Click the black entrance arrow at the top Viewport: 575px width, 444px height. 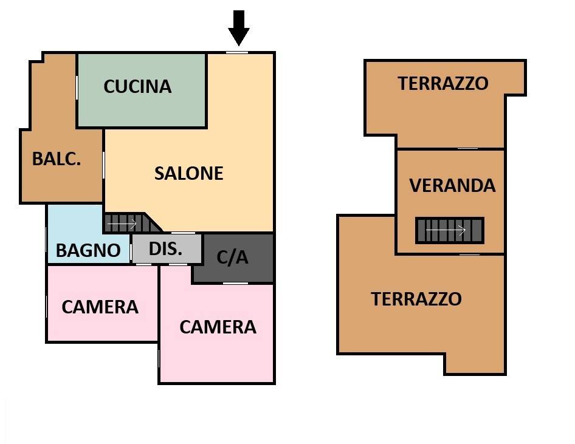click(x=239, y=27)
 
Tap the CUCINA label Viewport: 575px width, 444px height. click(x=137, y=86)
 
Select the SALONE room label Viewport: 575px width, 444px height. click(x=188, y=173)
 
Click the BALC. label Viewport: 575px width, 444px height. click(x=57, y=159)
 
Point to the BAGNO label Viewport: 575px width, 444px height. click(x=88, y=250)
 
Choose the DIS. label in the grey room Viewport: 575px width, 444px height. click(x=165, y=248)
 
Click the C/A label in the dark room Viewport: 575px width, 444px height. click(x=233, y=258)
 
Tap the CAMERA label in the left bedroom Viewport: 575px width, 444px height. click(x=100, y=307)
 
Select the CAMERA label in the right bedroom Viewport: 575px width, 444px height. click(x=218, y=327)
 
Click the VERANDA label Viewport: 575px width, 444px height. click(x=452, y=185)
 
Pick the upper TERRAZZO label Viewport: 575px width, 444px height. click(x=442, y=83)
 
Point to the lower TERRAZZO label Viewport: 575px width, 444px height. click(x=416, y=299)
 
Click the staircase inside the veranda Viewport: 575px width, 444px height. click(x=450, y=231)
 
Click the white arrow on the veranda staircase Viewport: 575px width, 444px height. click(x=445, y=231)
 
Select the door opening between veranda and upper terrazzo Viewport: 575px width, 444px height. click(x=467, y=148)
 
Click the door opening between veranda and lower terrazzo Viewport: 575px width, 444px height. click(x=469, y=254)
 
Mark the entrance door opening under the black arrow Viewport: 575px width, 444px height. click(x=237, y=52)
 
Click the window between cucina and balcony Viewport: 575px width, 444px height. click(x=77, y=87)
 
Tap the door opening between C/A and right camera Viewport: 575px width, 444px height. click(x=235, y=283)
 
